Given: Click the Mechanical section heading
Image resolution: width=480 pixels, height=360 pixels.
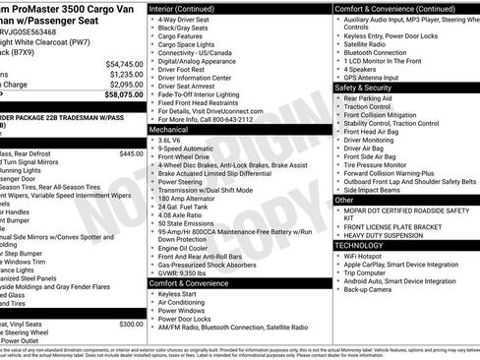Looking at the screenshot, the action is [x=168, y=129].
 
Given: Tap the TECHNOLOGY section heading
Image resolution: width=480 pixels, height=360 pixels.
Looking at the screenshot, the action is [x=365, y=244].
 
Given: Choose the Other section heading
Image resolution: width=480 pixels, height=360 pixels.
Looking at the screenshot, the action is [x=344, y=200].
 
